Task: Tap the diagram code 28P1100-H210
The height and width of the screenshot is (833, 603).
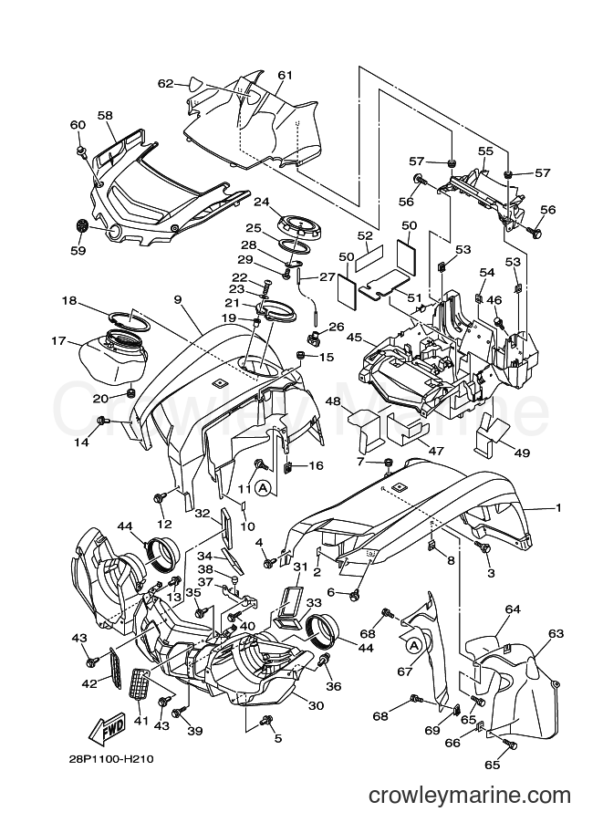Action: point(110,759)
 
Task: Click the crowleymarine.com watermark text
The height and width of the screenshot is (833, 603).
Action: point(470,796)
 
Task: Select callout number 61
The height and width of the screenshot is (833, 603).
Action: point(286,76)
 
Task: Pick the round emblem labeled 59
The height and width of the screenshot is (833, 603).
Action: point(81,226)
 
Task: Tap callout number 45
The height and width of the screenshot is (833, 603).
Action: point(354,338)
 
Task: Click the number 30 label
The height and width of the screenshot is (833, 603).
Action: point(317,705)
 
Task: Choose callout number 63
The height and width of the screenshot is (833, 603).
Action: point(556,633)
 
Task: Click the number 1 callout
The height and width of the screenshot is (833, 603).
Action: point(558,507)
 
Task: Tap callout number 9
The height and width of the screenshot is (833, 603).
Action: point(178,299)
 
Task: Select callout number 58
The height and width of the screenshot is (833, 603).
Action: point(105,115)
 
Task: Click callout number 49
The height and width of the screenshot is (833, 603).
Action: point(522,453)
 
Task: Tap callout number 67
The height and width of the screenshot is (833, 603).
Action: point(405,672)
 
